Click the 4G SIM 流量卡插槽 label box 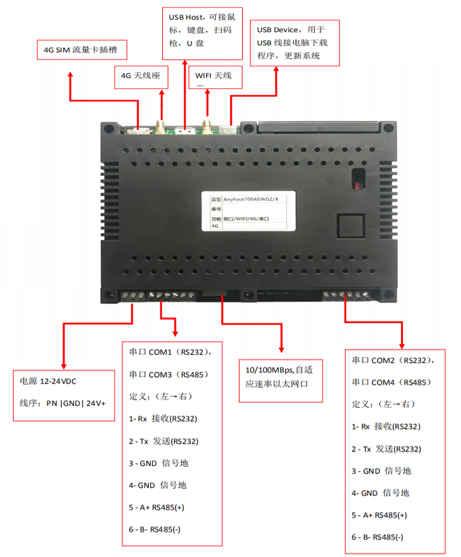[81, 49]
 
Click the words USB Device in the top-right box [278, 30]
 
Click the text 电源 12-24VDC [48, 381]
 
